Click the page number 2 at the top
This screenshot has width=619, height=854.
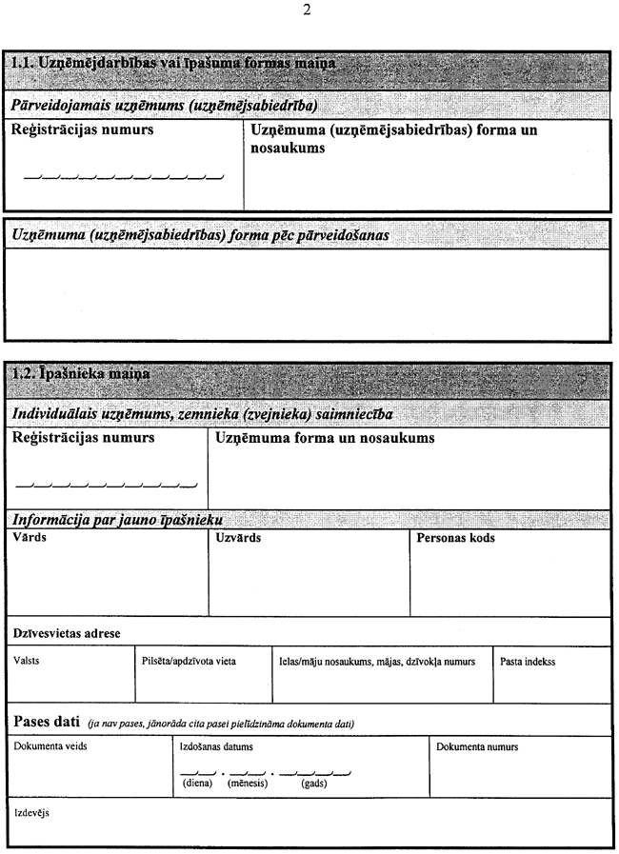tap(306, 10)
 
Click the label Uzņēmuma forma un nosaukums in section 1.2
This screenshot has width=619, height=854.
tap(325, 439)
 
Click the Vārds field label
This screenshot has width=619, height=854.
tap(30, 538)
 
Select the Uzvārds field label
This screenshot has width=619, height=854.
tap(238, 538)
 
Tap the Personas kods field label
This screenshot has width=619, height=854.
tap(456, 538)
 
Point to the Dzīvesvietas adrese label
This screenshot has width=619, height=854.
tap(67, 632)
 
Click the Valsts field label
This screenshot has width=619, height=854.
tap(28, 660)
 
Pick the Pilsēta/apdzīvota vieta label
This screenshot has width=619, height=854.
tap(188, 660)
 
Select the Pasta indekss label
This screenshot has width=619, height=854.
tap(528, 660)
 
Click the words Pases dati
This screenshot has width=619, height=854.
tap(45, 721)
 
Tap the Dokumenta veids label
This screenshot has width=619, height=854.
tap(50, 747)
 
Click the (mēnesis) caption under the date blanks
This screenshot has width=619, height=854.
tap(248, 784)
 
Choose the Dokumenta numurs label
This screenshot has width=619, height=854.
tap(477, 747)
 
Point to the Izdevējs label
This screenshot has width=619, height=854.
tap(31, 814)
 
